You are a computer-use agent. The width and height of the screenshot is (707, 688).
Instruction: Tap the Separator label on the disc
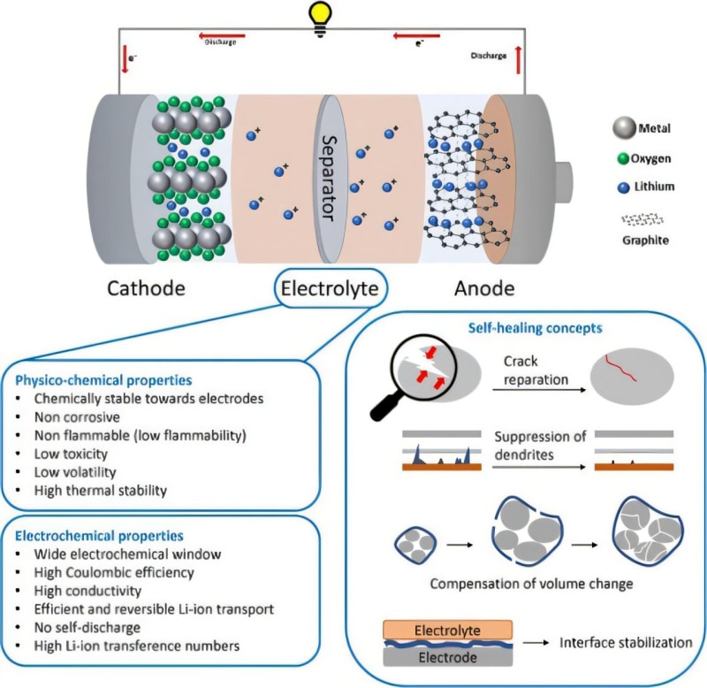tap(328, 177)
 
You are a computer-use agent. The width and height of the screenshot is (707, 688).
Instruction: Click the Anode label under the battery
tap(483, 289)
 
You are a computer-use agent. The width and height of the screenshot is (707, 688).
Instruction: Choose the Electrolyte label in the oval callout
tap(330, 288)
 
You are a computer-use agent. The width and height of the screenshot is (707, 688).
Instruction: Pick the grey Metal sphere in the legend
tap(623, 130)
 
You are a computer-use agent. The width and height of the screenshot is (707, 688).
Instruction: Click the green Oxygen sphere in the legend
tap(622, 158)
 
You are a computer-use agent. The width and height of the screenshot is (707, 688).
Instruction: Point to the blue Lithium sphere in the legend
tap(622, 187)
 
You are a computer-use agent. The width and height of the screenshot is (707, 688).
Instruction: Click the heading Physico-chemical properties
tap(103, 380)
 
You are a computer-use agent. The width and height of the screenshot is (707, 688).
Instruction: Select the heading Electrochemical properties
tap(99, 536)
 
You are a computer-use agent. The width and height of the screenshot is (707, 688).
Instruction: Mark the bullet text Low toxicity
tap(72, 453)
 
